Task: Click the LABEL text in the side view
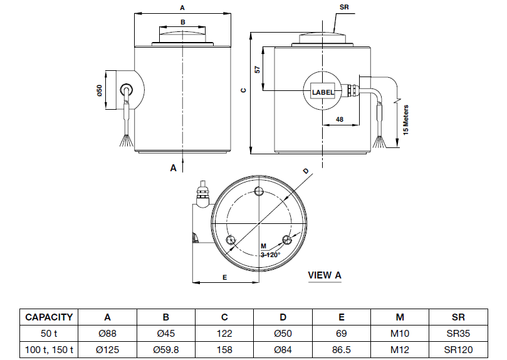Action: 323,92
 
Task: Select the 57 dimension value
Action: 257,70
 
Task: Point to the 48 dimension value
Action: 340,119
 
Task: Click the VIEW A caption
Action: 325,275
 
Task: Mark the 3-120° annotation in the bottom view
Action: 269,255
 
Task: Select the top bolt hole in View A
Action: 260,192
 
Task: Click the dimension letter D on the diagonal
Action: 306,171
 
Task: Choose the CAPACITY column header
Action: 49,317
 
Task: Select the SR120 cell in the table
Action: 459,350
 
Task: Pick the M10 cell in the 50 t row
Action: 400,334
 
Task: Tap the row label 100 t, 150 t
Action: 49,350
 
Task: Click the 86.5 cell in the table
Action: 342,350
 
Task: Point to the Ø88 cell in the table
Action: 107,334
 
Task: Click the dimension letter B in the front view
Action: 182,22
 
